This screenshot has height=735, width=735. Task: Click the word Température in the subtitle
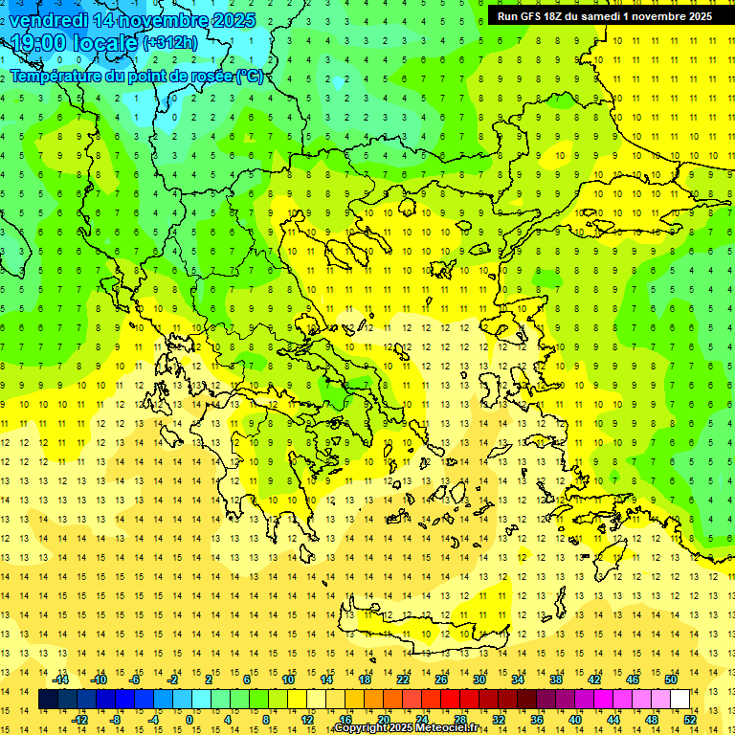coord(63,77)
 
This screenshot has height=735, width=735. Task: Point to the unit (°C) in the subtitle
coord(250,77)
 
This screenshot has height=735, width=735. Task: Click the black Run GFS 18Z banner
coord(604,16)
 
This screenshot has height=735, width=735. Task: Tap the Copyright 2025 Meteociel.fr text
coord(407,728)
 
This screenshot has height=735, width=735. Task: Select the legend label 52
coord(690,720)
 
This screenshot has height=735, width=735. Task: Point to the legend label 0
coord(189,720)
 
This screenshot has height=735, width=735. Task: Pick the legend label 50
coord(671,679)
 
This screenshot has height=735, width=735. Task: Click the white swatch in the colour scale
coord(680,700)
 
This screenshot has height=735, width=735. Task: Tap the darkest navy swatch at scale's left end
coord(48,700)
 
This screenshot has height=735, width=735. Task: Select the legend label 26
coord(440,679)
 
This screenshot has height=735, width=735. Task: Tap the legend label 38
coord(555,679)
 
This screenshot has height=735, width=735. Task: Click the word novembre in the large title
coord(164,20)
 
